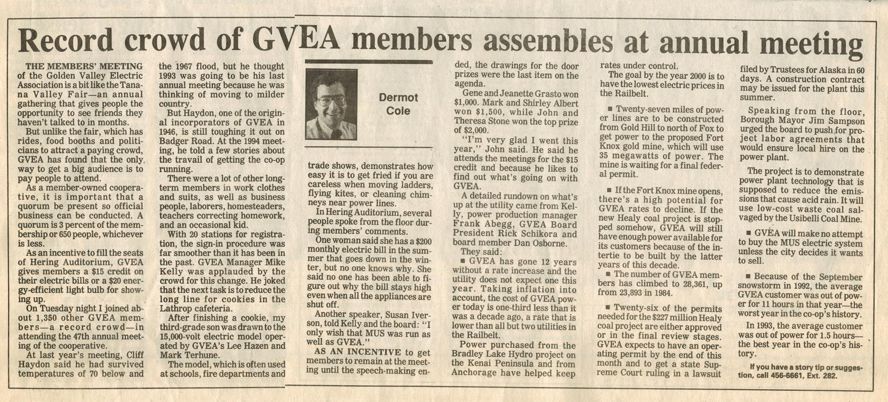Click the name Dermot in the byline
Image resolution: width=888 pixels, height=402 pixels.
click(398, 98)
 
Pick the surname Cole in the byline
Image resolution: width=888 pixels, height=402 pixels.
click(398, 111)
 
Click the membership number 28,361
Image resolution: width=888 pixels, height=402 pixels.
click(682, 283)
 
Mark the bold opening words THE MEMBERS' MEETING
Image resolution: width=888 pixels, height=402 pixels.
click(80, 67)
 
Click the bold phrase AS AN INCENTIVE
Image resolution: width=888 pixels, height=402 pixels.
click(356, 352)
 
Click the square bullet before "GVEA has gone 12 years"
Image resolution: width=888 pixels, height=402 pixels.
click(463, 261)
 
